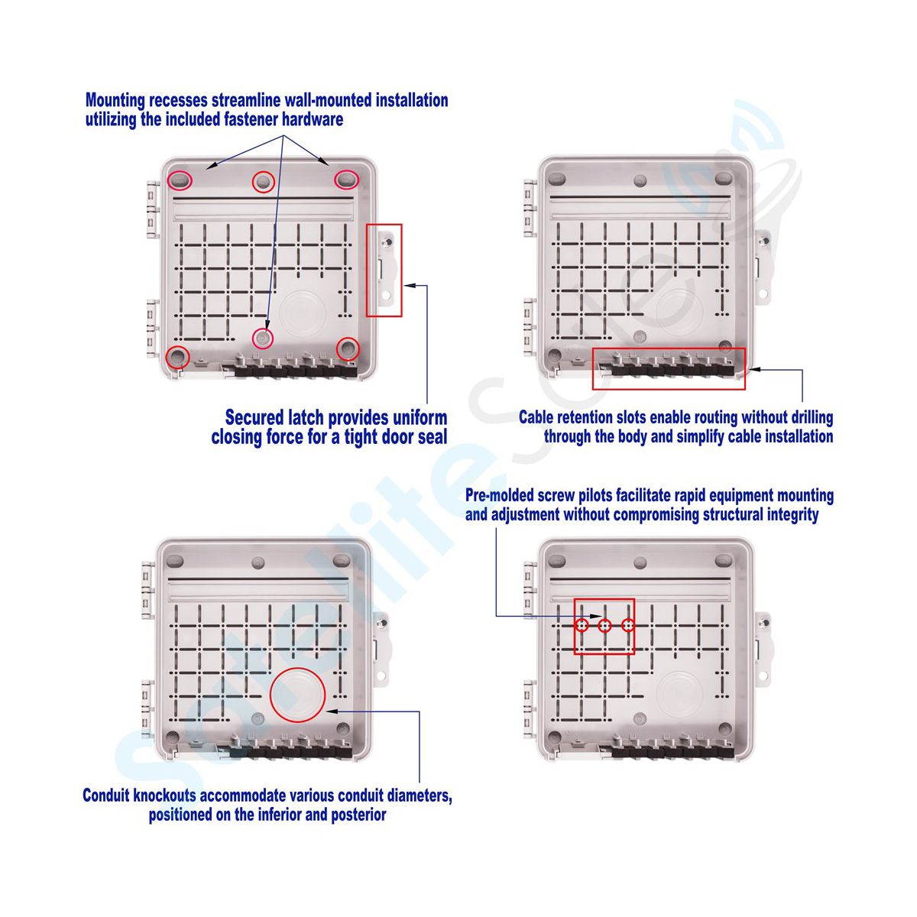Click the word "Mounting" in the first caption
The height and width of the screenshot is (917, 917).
(x=115, y=100)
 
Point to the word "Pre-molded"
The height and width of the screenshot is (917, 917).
(x=500, y=495)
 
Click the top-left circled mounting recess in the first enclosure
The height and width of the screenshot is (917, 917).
(x=180, y=180)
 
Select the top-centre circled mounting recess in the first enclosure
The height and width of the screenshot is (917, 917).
(x=263, y=182)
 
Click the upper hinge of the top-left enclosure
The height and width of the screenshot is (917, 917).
(x=154, y=209)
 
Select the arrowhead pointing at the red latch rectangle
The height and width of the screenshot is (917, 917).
(x=410, y=286)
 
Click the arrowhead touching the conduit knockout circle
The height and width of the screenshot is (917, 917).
(x=332, y=711)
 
